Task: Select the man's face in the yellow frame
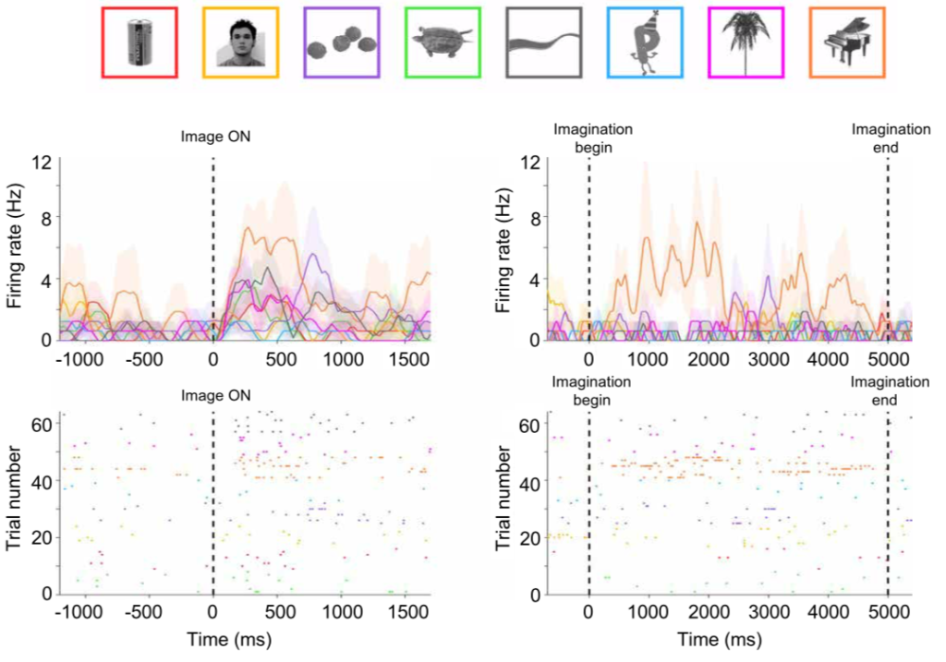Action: tap(241, 43)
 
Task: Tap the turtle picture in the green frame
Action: tap(443, 42)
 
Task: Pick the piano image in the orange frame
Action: tap(845, 42)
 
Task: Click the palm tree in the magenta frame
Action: tap(745, 42)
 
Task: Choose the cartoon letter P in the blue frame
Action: tap(644, 42)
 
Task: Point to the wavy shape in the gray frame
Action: tap(543, 43)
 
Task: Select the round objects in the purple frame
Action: tap(342, 42)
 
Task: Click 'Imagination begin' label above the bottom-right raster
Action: tap(591, 390)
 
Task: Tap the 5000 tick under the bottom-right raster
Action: tap(888, 611)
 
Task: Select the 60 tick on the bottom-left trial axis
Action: tap(41, 427)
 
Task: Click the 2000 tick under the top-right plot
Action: tap(709, 358)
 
